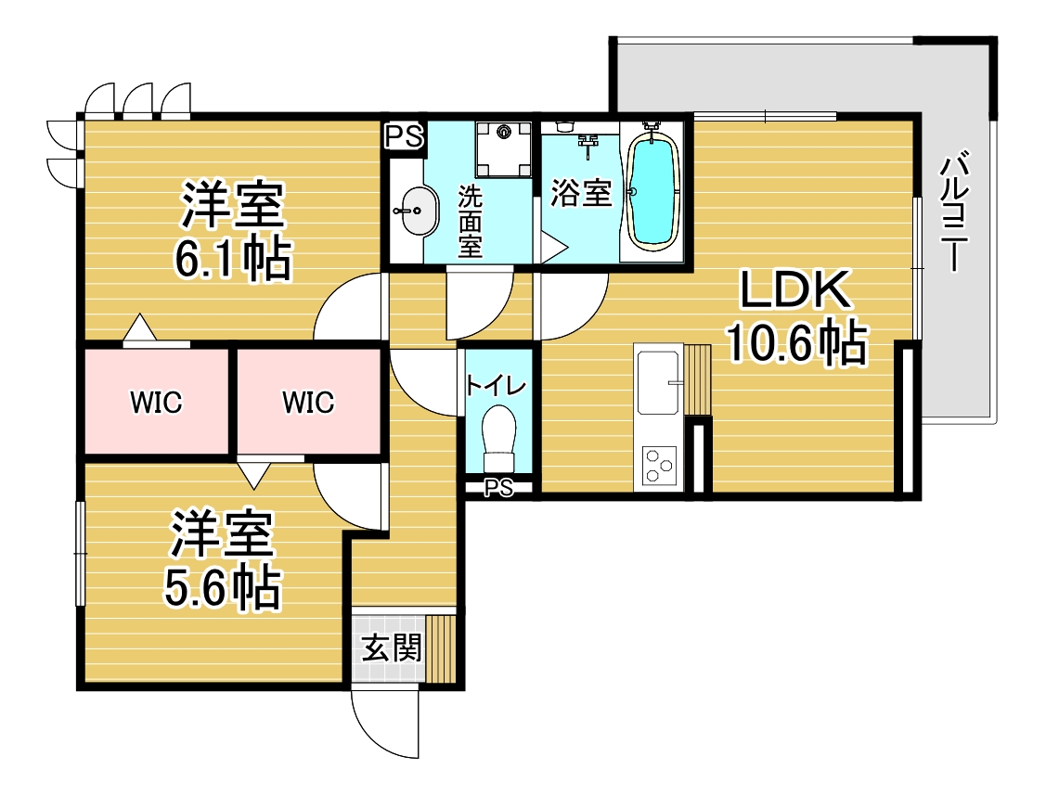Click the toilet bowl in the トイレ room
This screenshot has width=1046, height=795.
tap(499, 438)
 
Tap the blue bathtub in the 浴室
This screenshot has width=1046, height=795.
tap(653, 191)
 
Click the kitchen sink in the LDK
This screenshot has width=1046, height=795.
tap(658, 382)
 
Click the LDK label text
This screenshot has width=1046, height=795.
tap(795, 290)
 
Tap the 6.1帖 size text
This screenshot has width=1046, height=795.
tap(233, 260)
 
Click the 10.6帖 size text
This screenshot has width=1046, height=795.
tap(796, 343)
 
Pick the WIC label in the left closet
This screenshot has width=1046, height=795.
tap(156, 403)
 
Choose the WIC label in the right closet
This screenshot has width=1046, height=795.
tap(308, 403)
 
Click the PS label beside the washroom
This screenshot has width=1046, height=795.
tap(405, 136)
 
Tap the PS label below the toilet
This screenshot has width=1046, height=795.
tap(498, 488)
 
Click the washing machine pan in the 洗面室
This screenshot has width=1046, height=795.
tap(504, 148)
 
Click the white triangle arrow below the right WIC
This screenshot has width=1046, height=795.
tap(253, 476)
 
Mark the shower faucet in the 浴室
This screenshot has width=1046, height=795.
tap(587, 145)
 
